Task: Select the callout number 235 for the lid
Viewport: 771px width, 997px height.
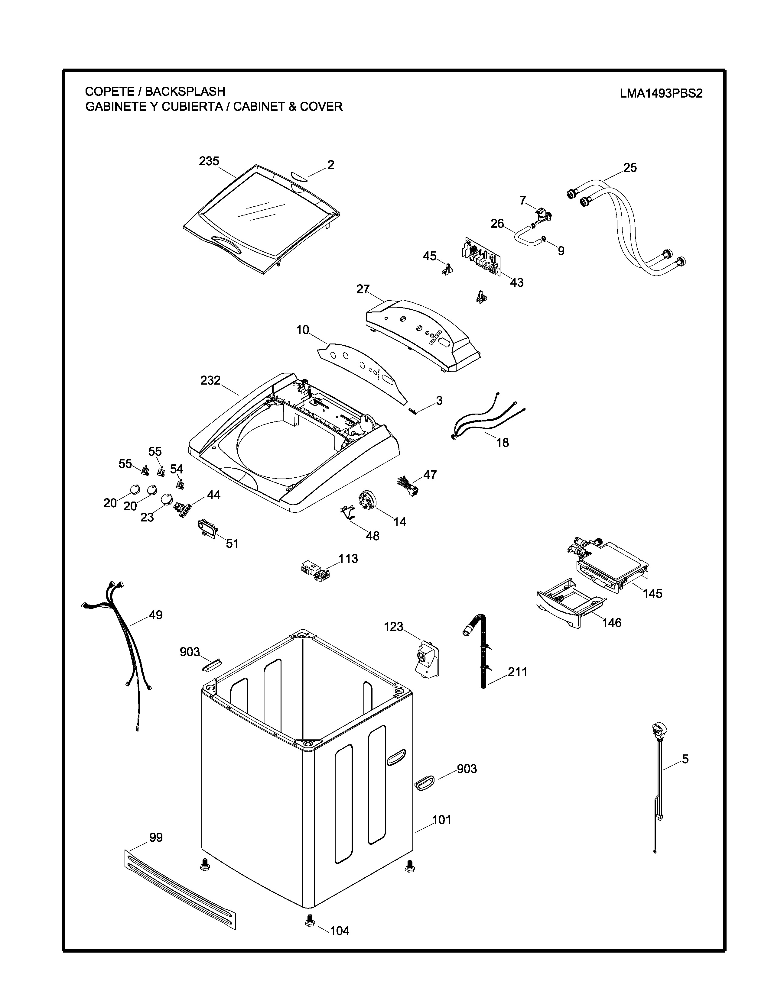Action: click(x=209, y=161)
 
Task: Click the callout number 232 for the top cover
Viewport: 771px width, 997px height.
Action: click(x=210, y=380)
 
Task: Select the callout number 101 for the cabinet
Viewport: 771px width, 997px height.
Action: click(x=442, y=820)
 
